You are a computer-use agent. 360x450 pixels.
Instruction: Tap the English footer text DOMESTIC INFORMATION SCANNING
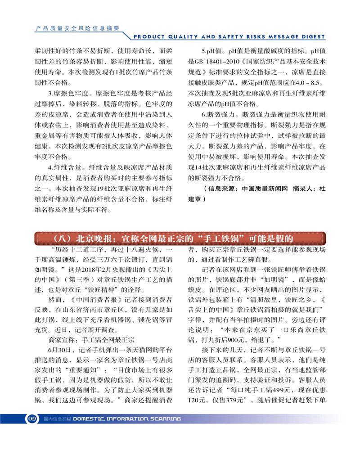click(127, 418)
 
